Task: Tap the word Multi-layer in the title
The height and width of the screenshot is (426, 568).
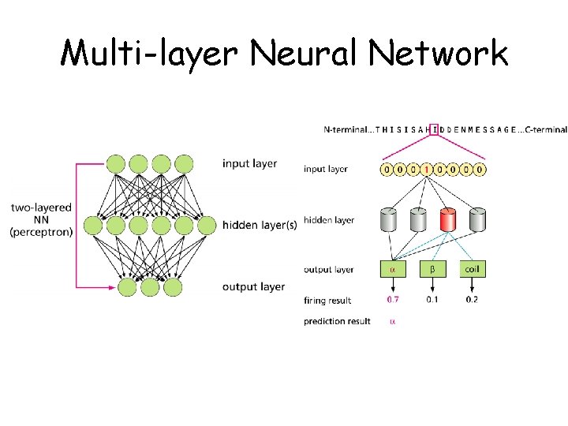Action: click(149, 54)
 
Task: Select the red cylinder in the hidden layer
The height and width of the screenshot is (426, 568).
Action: click(448, 221)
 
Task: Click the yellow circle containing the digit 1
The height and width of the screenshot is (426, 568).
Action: click(427, 169)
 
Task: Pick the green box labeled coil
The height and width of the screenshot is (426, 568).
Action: click(472, 269)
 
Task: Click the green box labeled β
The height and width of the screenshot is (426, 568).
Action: click(432, 269)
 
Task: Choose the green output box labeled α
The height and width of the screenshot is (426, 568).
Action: click(391, 269)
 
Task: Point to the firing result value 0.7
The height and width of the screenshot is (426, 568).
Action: click(392, 300)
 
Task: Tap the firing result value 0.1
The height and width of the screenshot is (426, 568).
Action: click(432, 300)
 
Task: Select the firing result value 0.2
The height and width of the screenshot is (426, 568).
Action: click(472, 300)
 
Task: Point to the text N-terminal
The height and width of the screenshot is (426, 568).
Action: click(346, 129)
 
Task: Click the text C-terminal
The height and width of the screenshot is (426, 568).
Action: click(543, 129)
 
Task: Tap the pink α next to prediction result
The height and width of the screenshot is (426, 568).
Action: click(392, 322)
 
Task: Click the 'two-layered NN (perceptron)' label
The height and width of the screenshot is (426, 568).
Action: click(41, 220)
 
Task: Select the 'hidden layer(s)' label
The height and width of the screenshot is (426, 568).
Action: click(260, 225)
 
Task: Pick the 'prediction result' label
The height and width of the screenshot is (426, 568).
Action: click(337, 322)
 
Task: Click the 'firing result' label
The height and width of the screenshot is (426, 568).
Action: click(327, 301)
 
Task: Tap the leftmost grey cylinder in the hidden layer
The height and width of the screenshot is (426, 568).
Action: click(388, 221)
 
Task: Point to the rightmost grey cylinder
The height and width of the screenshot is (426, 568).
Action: click(477, 221)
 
